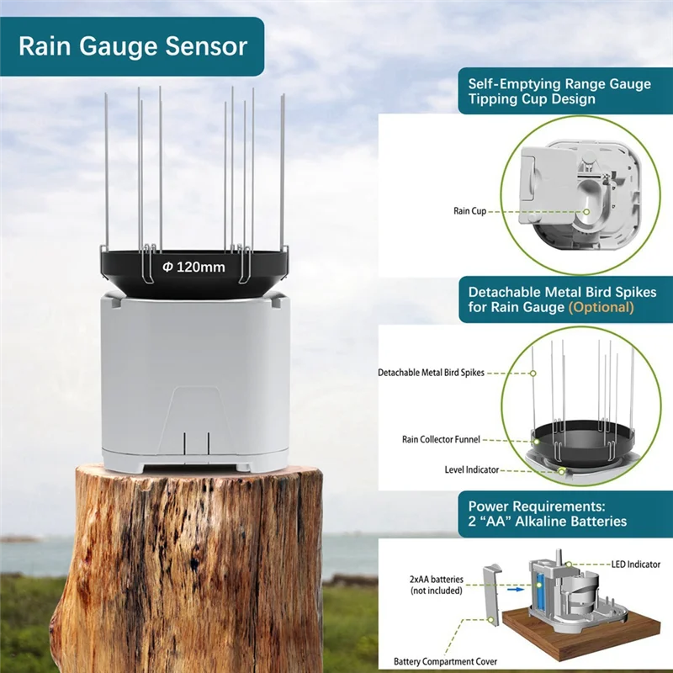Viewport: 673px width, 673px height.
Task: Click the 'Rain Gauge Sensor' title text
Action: (133, 45)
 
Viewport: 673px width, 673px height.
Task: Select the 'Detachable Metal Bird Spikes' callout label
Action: (431, 372)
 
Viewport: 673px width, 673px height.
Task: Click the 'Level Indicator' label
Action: (471, 469)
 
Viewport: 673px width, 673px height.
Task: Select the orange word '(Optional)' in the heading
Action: (601, 307)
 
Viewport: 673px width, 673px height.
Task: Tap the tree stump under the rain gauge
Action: (199, 572)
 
